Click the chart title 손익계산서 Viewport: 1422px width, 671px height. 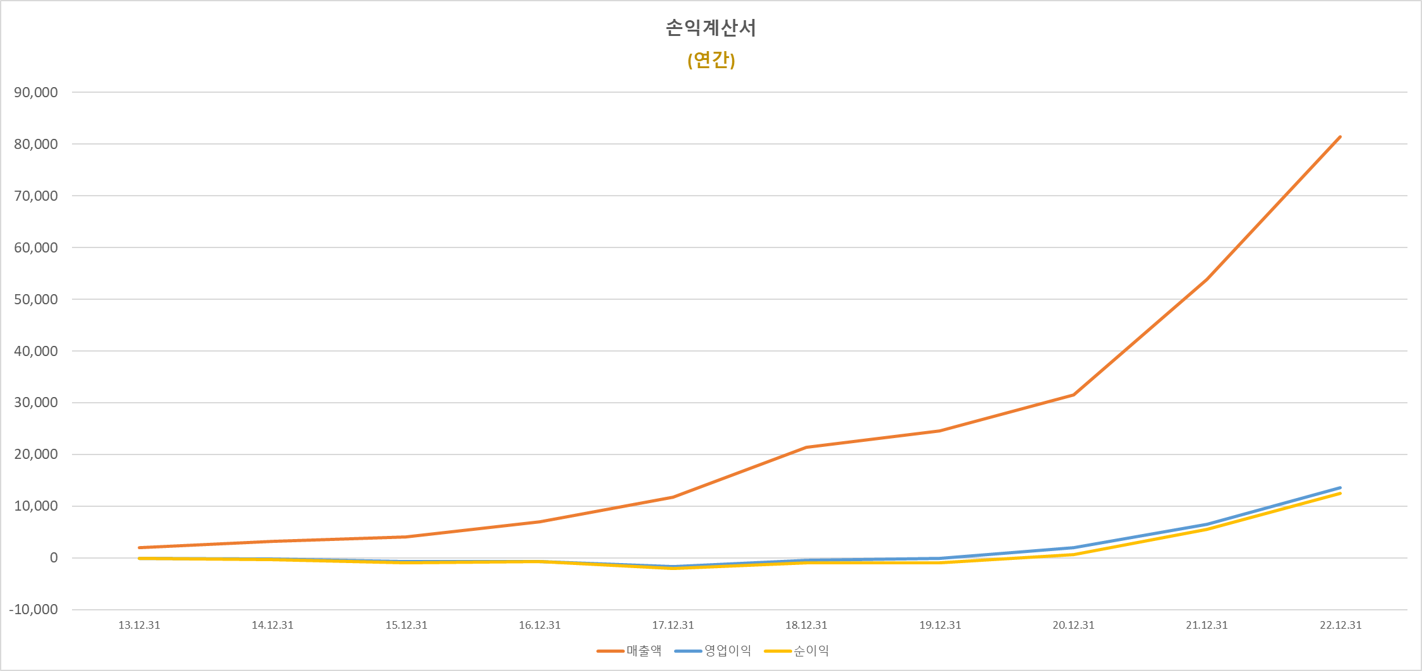[711, 28]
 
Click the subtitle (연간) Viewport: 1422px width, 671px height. [711, 60]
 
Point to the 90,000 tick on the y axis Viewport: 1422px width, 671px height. [36, 93]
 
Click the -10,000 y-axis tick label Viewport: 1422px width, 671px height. [33, 610]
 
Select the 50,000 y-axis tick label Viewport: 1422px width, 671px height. [36, 299]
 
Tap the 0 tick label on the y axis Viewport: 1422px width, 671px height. [54, 558]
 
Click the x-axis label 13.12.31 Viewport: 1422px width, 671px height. [139, 625]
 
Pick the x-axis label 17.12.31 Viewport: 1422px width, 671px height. [673, 625]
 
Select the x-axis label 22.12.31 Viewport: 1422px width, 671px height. [1341, 625]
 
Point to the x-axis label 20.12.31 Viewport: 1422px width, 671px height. [1073, 625]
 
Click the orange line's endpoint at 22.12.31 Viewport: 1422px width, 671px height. [1340, 136]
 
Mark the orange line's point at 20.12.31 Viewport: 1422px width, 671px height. [1073, 395]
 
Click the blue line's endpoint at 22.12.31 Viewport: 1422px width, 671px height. [1340, 487]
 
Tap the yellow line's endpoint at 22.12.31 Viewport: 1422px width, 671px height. [1340, 493]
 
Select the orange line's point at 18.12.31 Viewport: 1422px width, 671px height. [806, 448]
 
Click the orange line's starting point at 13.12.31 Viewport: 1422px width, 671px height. [139, 547]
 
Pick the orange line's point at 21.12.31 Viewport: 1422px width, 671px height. [1207, 278]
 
